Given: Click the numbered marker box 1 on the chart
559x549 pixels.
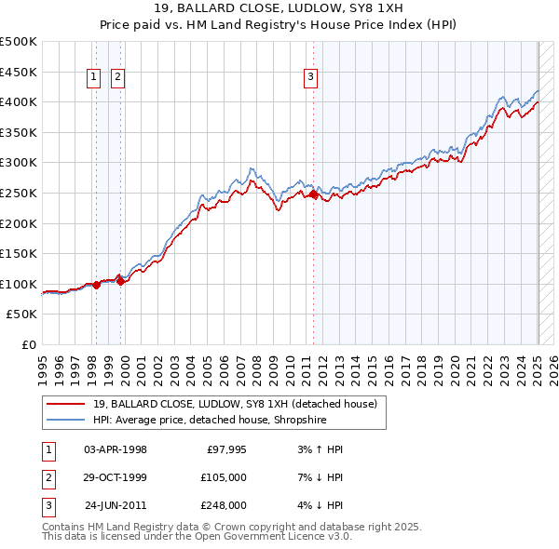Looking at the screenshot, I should (x=95, y=78).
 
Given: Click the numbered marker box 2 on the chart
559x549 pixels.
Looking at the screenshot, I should (x=117, y=78).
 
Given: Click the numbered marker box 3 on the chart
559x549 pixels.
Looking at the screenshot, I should (x=310, y=78).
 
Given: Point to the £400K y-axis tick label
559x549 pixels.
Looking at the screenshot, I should (x=19, y=101).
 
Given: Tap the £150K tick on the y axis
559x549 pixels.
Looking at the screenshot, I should (x=19, y=253).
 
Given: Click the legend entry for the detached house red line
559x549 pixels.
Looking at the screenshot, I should (x=234, y=404).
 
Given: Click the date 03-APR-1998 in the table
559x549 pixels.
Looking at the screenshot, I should (x=116, y=449).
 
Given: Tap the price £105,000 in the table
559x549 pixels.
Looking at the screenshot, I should (x=224, y=477).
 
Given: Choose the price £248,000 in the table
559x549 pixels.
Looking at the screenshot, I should (x=224, y=505).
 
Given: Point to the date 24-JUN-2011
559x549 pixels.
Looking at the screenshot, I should (x=116, y=505).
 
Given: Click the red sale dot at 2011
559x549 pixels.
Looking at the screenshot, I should (x=313, y=194).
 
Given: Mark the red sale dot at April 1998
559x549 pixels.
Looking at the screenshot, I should (x=96, y=286).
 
